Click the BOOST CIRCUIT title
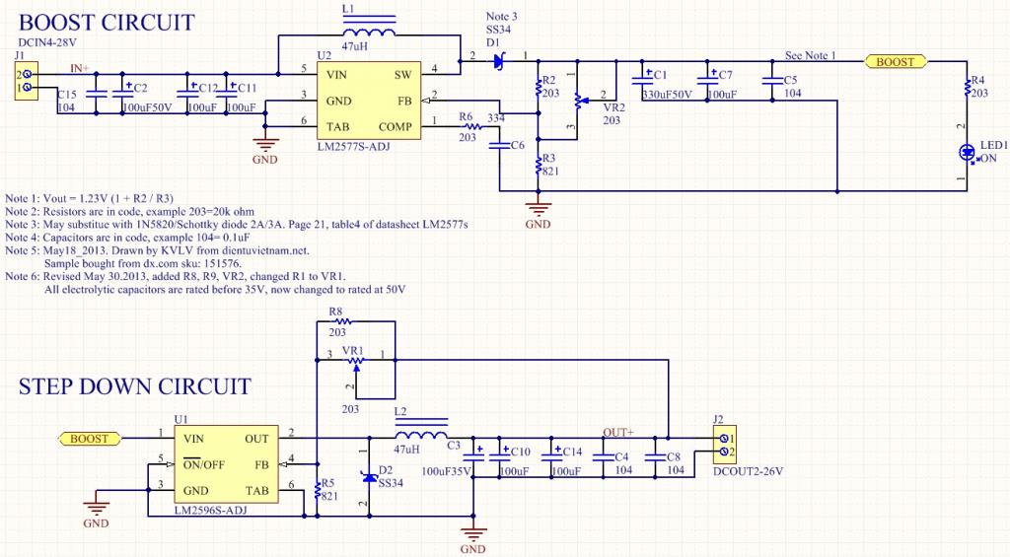(107, 23)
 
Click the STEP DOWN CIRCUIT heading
(134, 386)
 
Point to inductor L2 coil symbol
(420, 438)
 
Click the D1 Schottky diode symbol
(499, 62)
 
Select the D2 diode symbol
(370, 478)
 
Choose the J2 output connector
(724, 445)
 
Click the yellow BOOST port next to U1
(90, 438)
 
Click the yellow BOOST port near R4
(896, 62)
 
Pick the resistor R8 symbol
(355, 321)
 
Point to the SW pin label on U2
(403, 75)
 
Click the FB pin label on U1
(262, 463)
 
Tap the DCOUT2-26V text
(747, 471)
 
